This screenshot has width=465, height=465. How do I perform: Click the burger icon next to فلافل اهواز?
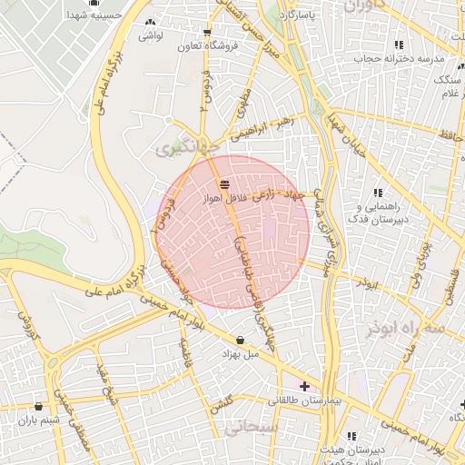[x=223, y=184]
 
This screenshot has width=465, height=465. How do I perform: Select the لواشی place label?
[x=150, y=37]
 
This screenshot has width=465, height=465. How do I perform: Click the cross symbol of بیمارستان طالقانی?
[x=303, y=386]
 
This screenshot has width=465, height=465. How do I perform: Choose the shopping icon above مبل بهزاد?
[x=240, y=341]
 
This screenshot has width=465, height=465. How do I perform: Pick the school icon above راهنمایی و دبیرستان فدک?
[x=378, y=193]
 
